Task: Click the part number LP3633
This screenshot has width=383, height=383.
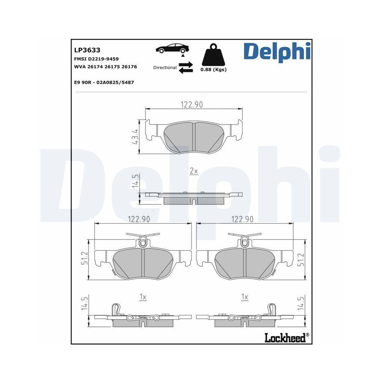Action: [x=87, y=50]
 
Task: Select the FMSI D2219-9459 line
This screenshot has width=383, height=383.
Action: [x=96, y=59]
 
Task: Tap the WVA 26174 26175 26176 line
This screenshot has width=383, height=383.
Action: [x=105, y=67]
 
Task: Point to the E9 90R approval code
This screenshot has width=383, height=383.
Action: [x=103, y=82]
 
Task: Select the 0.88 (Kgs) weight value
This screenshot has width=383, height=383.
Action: [x=213, y=70]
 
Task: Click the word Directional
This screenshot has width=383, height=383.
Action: [x=165, y=67]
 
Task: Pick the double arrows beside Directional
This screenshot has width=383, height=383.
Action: [x=185, y=67]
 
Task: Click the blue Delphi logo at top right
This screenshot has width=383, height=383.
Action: [x=277, y=51]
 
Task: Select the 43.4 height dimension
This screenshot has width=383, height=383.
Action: [x=135, y=136]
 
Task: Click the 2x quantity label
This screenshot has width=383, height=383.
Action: [x=194, y=171]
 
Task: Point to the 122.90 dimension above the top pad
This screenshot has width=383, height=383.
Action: [x=191, y=105]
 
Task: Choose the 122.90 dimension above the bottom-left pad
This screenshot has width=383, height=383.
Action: [x=138, y=219]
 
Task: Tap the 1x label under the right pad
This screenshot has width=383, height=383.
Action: [x=245, y=296]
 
